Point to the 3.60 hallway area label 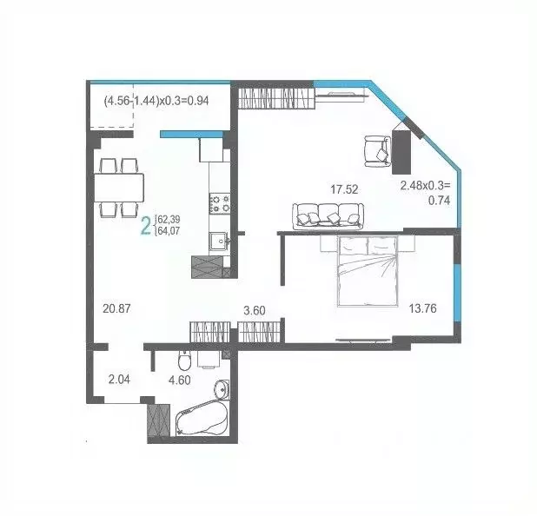click(x=254, y=308)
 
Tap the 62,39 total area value click(x=169, y=220)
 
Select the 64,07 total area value click(x=169, y=232)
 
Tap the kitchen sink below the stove click(x=216, y=241)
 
